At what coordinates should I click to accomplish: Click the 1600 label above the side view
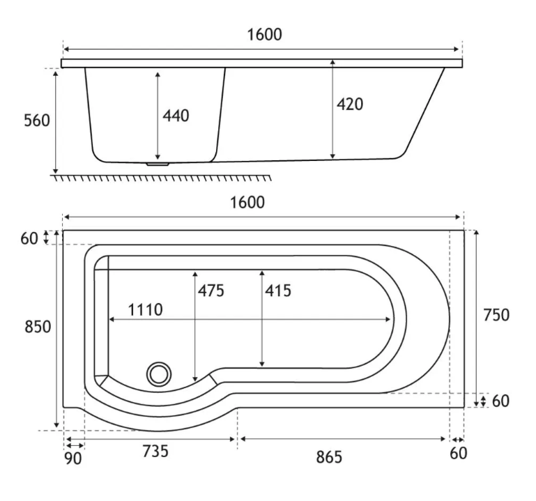point(264,35)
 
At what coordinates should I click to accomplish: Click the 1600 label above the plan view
point(247,203)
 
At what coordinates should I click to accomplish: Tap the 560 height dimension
point(37,121)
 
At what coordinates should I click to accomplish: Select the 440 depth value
point(176,116)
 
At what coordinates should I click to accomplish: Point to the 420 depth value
point(350,105)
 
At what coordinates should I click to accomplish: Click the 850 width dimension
point(38,327)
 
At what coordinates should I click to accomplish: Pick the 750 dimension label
point(496,315)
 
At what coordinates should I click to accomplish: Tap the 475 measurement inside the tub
point(211,291)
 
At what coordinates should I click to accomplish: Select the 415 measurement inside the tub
point(278,291)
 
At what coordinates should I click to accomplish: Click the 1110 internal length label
point(145,310)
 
